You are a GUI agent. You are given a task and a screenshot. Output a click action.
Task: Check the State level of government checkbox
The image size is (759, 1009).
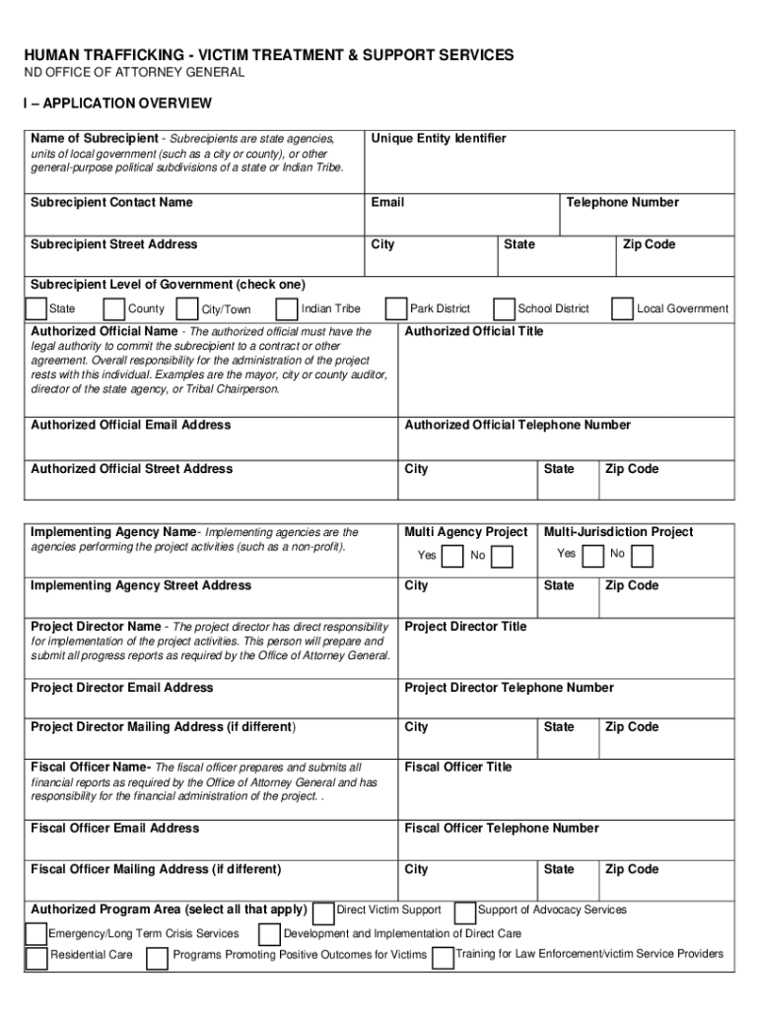[35, 309]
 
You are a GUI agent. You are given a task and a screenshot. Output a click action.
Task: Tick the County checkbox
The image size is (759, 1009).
[114, 309]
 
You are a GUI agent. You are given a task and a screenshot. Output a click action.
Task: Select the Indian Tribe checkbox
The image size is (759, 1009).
[288, 309]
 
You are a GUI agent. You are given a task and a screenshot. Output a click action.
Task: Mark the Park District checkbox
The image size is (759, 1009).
[396, 309]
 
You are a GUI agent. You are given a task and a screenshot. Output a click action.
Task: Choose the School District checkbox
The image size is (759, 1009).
[504, 309]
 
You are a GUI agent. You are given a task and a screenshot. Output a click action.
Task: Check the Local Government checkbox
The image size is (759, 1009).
[622, 309]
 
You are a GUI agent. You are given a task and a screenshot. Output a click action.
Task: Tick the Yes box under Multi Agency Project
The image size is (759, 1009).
[452, 557]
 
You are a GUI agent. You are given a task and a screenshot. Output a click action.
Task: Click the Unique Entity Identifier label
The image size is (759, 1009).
[438, 139]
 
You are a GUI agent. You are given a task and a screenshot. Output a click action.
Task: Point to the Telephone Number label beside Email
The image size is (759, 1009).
[622, 203]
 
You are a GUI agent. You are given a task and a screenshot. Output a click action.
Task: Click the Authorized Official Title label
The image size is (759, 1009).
[474, 332]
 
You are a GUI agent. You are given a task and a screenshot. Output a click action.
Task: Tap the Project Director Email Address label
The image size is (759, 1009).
[122, 688]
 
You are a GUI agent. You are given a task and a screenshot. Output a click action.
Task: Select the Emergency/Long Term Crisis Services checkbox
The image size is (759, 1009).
[36, 934]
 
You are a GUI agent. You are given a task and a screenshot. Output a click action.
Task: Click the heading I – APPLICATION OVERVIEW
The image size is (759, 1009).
[118, 103]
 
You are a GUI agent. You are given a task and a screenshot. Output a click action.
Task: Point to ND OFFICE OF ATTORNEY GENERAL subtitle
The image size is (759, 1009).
[135, 73]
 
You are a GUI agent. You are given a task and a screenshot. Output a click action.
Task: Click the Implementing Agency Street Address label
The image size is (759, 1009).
[141, 586]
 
